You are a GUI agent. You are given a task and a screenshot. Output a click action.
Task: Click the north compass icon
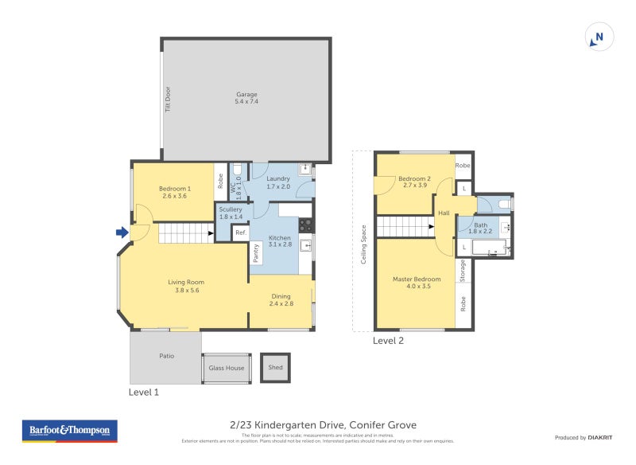599,37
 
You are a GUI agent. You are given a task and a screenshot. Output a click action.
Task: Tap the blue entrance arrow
122,232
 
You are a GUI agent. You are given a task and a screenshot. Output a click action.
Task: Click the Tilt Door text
168,99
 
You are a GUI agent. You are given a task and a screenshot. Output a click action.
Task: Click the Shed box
275,368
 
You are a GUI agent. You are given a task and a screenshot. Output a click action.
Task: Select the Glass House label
227,368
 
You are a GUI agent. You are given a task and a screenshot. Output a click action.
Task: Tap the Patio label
165,356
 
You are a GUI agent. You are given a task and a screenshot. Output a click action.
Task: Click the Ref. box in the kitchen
240,232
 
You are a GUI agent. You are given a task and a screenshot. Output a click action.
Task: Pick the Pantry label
256,252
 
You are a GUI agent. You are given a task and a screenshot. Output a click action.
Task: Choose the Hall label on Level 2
444,213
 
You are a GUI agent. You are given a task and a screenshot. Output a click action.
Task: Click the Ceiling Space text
363,244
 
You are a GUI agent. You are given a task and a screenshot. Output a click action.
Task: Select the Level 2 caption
389,341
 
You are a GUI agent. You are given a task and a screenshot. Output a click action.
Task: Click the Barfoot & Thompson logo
69,432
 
